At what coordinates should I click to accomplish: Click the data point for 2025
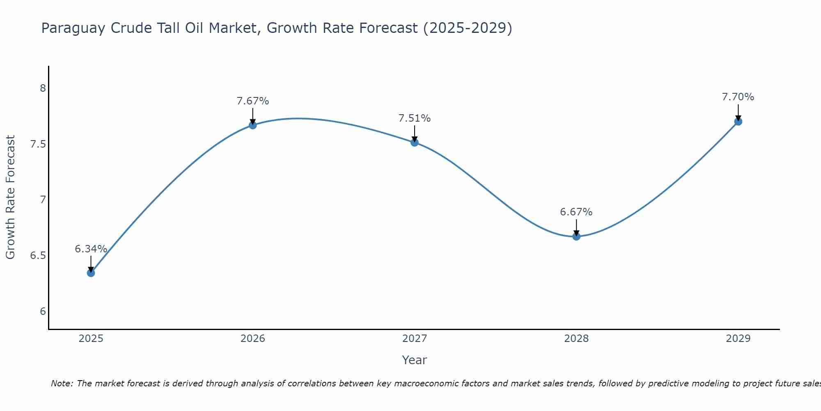[91, 273]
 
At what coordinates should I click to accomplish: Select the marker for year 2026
[253, 125]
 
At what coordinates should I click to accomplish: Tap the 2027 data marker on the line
[415, 143]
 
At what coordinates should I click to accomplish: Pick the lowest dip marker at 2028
[576, 236]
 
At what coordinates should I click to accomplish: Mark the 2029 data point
[738, 122]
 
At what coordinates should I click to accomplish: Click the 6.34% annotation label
[91, 249]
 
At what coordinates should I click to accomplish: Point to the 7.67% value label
[253, 101]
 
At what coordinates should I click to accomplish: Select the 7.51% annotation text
[415, 118]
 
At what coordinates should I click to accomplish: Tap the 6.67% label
[576, 212]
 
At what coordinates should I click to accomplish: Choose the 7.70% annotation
[738, 97]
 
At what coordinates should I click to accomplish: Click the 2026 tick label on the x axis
[253, 339]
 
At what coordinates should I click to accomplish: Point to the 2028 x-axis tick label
[576, 339]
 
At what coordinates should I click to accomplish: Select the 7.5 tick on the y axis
[38, 144]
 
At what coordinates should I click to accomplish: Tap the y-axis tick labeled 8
[43, 88]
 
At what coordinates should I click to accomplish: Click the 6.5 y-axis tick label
[38, 256]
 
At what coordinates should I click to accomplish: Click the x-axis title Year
[415, 360]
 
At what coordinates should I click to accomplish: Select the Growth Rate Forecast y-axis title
[10, 197]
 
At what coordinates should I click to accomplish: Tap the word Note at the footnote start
[62, 383]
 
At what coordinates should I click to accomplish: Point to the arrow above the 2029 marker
[738, 112]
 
